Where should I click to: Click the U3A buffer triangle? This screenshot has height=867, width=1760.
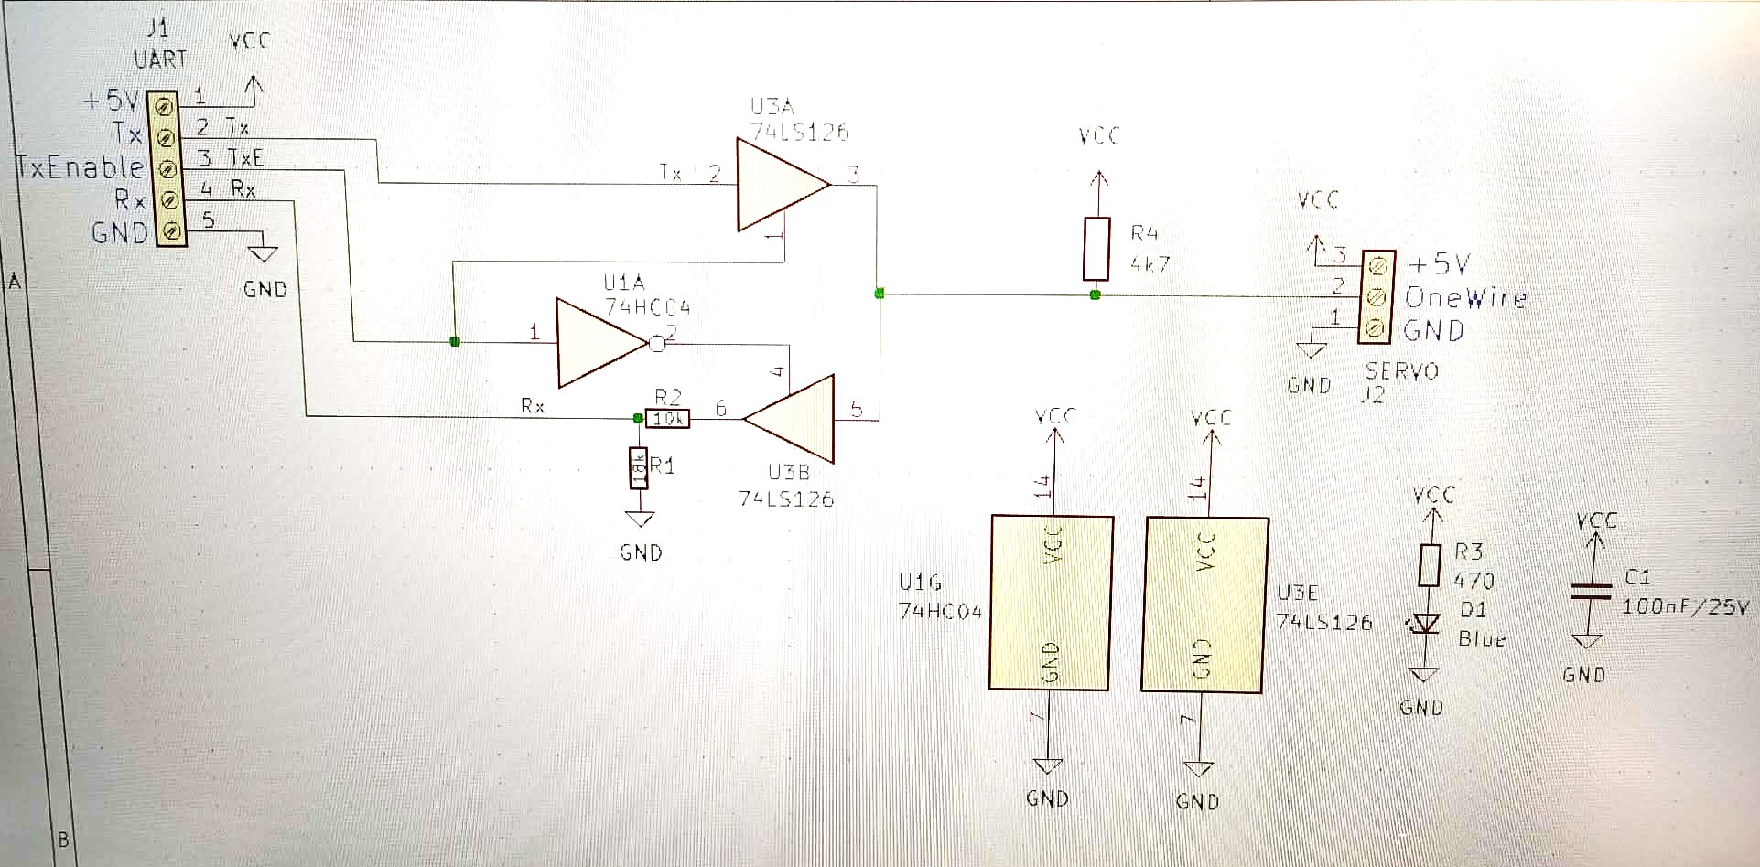point(778,184)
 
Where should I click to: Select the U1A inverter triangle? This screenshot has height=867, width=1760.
point(599,343)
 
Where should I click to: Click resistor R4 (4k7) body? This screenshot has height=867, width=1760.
point(1096,249)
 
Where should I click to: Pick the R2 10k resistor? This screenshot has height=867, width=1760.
point(668,419)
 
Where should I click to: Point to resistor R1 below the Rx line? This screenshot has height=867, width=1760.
point(639,468)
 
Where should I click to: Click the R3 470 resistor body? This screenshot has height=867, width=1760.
point(1430,564)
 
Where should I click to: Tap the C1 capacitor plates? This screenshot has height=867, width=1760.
point(1591,591)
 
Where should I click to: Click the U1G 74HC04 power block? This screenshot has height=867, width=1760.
point(1051,602)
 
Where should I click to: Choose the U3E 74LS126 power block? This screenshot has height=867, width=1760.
point(1205,604)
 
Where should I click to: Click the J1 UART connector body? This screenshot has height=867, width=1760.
point(167,168)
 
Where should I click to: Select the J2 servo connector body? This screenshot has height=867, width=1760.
point(1377,297)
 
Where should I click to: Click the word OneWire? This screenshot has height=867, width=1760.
point(1465,297)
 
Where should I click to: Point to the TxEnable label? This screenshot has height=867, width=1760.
point(81,167)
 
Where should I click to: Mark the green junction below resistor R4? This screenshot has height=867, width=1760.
point(1096,294)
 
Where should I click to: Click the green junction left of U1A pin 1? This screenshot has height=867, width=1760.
point(455,342)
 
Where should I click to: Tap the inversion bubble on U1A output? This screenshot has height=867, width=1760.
point(657,344)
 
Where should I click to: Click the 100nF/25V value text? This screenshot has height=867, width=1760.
point(1685,606)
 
